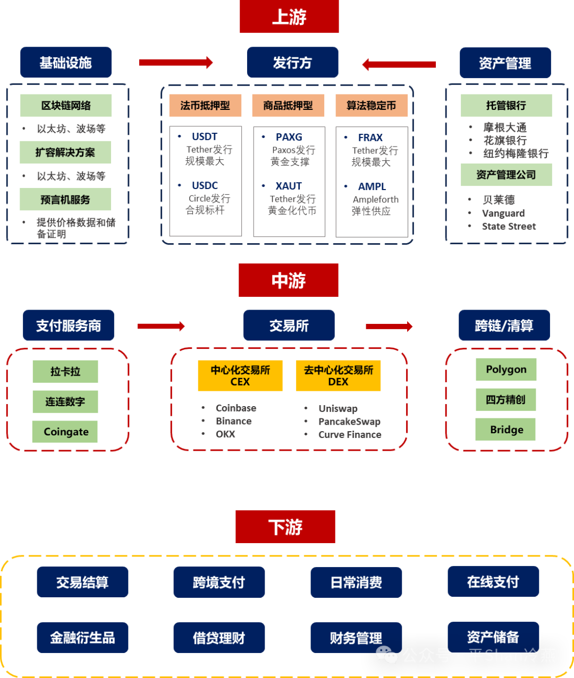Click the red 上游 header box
(x=289, y=17)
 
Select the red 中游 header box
(x=289, y=280)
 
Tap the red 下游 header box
(x=285, y=527)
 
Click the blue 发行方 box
(x=292, y=63)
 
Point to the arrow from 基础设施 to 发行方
(x=175, y=63)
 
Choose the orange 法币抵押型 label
(x=205, y=106)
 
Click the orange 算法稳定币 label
(x=372, y=106)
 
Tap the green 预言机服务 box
(x=65, y=200)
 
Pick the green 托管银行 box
(x=506, y=106)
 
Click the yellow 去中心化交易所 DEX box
(x=339, y=376)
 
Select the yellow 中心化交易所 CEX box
(x=240, y=376)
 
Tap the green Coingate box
(x=65, y=432)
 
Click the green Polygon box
(x=506, y=370)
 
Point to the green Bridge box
(x=506, y=430)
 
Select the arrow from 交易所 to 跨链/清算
(x=389, y=326)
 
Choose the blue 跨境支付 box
(x=219, y=582)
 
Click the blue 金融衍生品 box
(x=82, y=638)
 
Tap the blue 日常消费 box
(x=356, y=582)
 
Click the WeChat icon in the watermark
(x=387, y=655)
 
